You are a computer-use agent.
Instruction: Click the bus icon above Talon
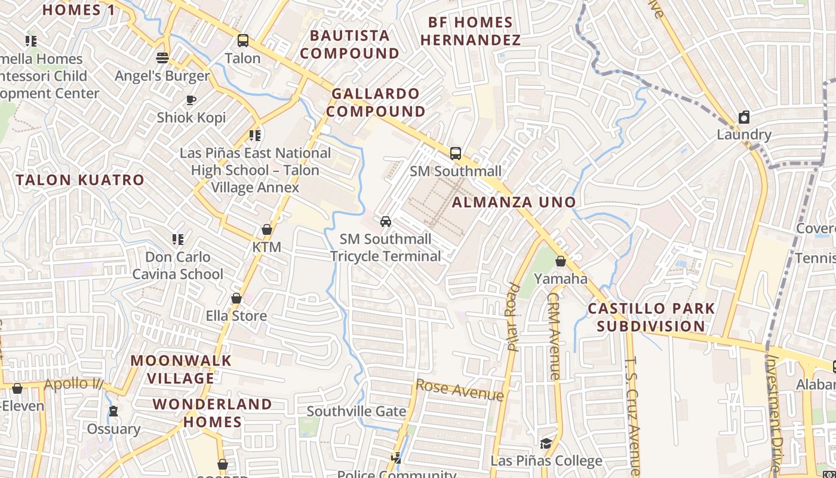243,41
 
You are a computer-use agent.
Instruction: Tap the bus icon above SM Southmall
456,154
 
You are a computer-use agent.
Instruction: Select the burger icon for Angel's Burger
162,58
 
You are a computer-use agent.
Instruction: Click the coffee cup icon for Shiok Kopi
191,100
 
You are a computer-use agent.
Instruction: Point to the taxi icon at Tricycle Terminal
386,222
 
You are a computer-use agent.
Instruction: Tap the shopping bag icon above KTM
266,229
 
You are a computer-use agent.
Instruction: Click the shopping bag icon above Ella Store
236,298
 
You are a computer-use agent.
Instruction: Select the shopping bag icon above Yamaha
560,261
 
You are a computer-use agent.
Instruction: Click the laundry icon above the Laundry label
744,117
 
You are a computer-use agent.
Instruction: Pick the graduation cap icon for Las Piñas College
546,443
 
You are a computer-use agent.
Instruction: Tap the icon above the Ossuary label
113,412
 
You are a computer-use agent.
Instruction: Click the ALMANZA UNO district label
514,202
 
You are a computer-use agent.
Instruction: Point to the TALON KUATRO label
80,180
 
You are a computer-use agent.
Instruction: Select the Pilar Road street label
513,316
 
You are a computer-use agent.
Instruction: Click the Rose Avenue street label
459,390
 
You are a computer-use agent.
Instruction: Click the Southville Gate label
356,411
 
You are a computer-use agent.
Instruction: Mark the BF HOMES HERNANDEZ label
471,31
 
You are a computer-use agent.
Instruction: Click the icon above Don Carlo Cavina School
178,240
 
